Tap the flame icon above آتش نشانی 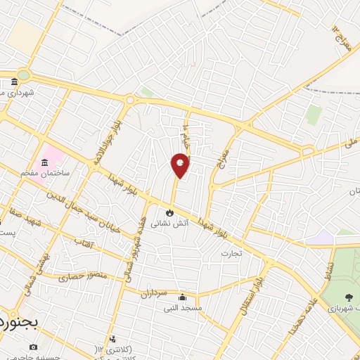[169, 212]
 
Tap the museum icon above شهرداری [15, 82]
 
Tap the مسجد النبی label [183, 308]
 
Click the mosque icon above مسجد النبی [183, 297]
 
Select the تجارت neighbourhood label [231, 252]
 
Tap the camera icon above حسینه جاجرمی [33, 347]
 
